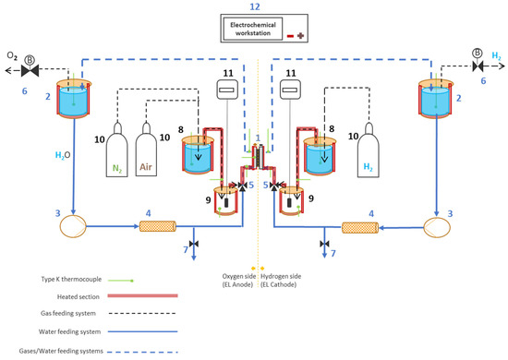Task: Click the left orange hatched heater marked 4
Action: (x=158, y=226)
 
